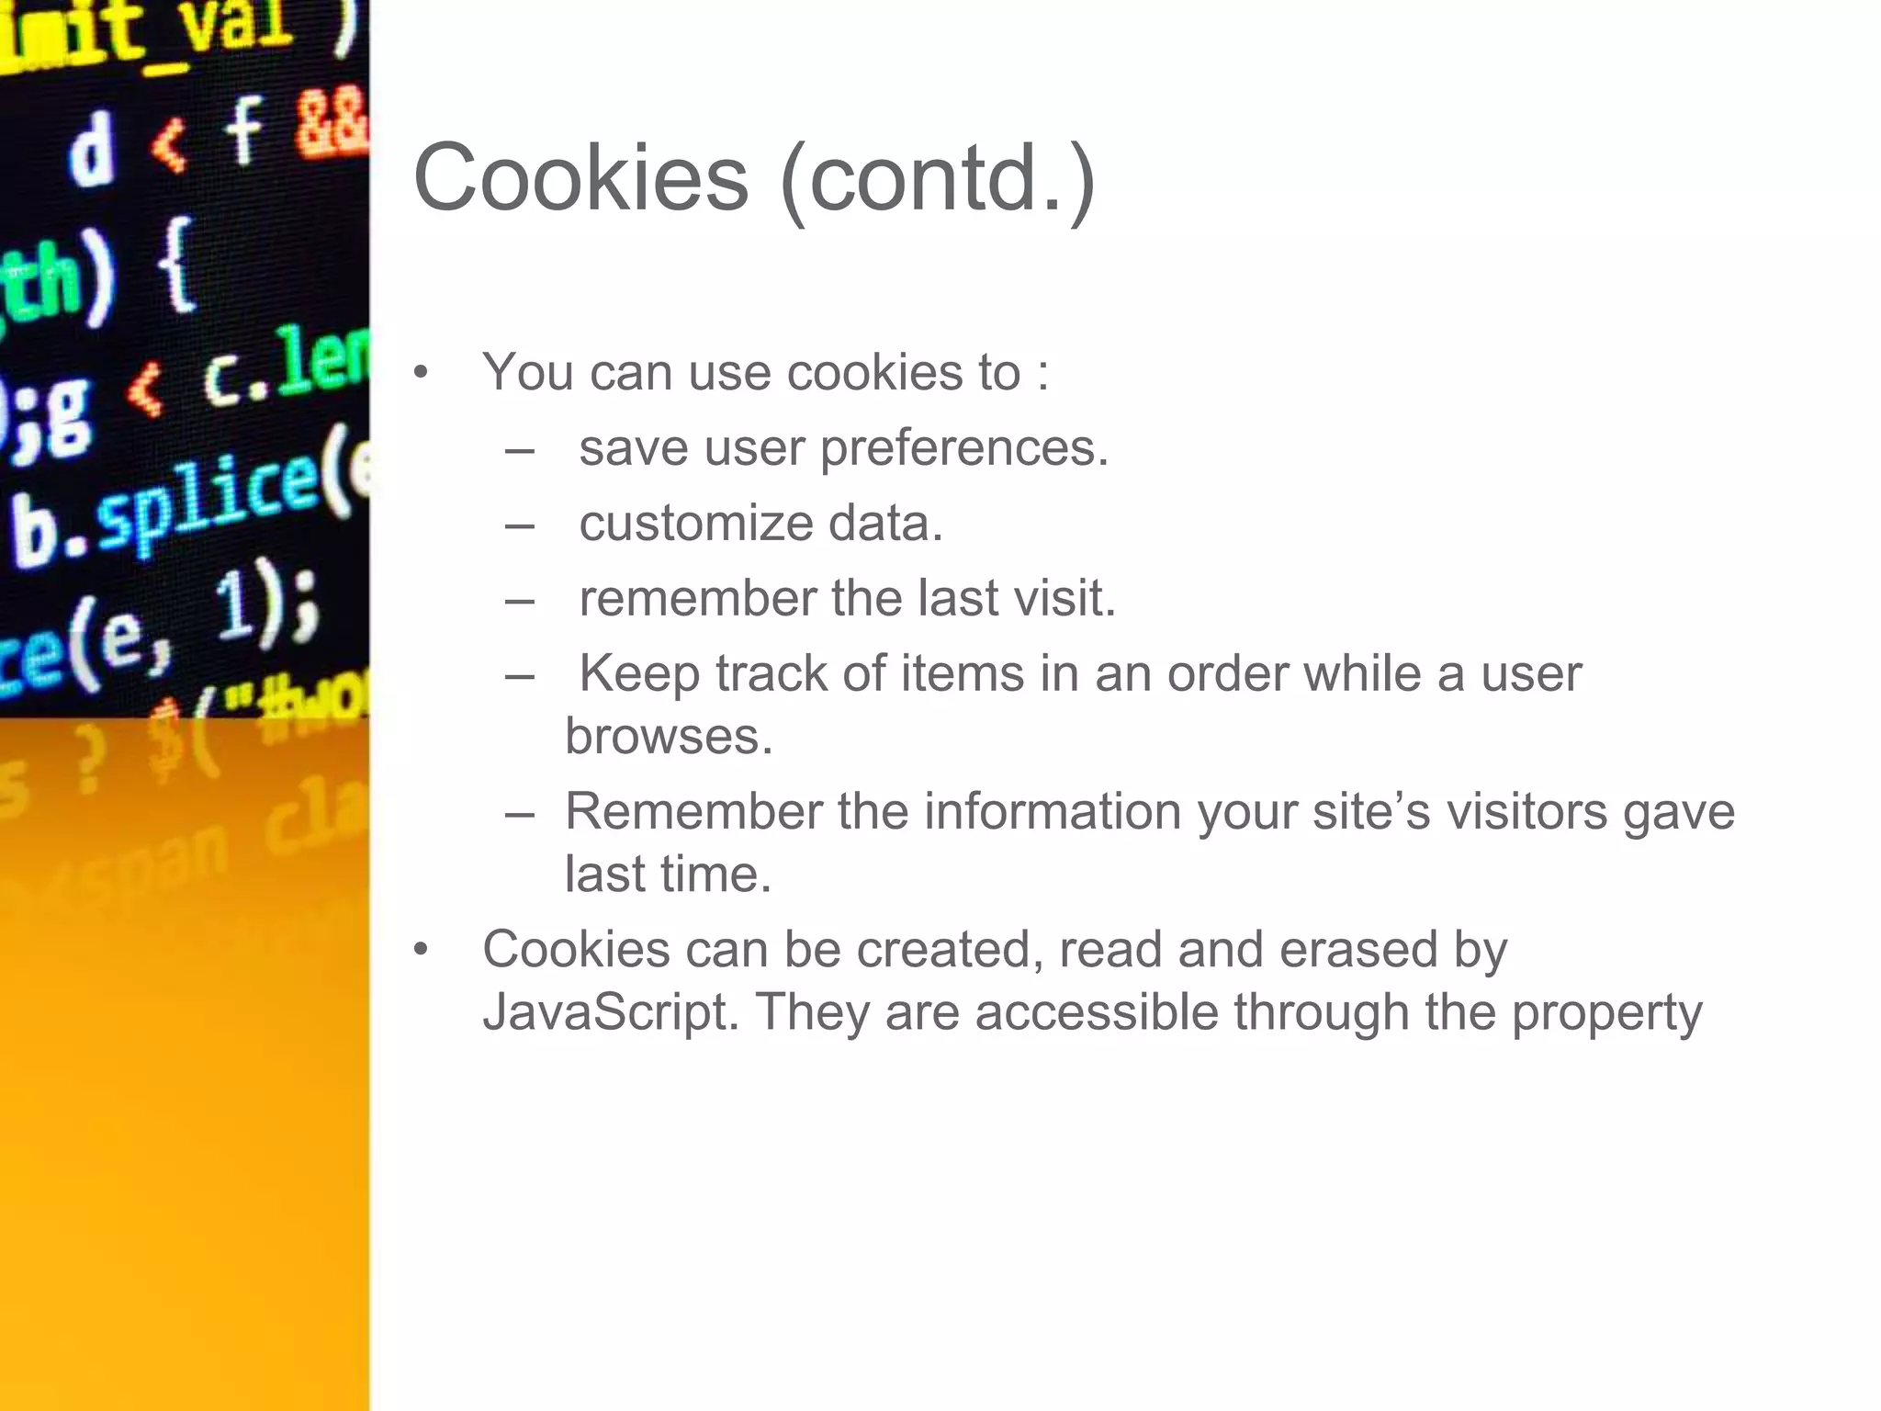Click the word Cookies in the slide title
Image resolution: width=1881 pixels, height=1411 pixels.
tap(580, 177)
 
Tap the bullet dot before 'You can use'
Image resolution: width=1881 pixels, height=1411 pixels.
tap(421, 373)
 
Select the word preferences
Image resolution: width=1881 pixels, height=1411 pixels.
tap(964, 449)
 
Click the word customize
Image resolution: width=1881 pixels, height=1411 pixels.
tap(696, 524)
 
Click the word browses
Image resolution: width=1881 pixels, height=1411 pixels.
tap(669, 736)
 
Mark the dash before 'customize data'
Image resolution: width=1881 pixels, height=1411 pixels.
tap(520, 526)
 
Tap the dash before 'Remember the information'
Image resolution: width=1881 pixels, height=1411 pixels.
tap(520, 814)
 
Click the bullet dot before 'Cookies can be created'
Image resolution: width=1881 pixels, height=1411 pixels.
tap(421, 950)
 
